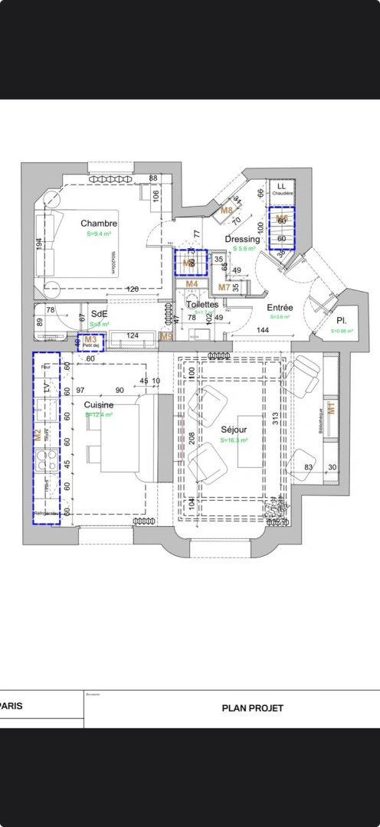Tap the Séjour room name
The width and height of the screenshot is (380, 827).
point(234,430)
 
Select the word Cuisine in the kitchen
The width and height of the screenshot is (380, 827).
point(99,404)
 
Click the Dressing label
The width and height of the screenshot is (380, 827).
point(242,239)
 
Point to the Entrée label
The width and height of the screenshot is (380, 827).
point(281,307)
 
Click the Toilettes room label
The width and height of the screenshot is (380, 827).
point(202,304)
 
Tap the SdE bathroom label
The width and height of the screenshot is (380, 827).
point(99,314)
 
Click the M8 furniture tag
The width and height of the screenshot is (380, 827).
point(227,210)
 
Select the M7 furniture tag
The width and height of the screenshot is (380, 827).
point(224,287)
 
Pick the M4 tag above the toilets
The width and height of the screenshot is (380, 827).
point(192,284)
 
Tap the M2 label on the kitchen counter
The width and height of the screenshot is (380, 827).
point(37,434)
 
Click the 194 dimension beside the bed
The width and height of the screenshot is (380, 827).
point(39,245)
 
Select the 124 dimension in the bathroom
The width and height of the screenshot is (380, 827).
point(132,335)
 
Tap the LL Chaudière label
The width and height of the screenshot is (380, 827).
point(281,189)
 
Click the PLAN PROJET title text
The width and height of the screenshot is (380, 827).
point(252,708)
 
